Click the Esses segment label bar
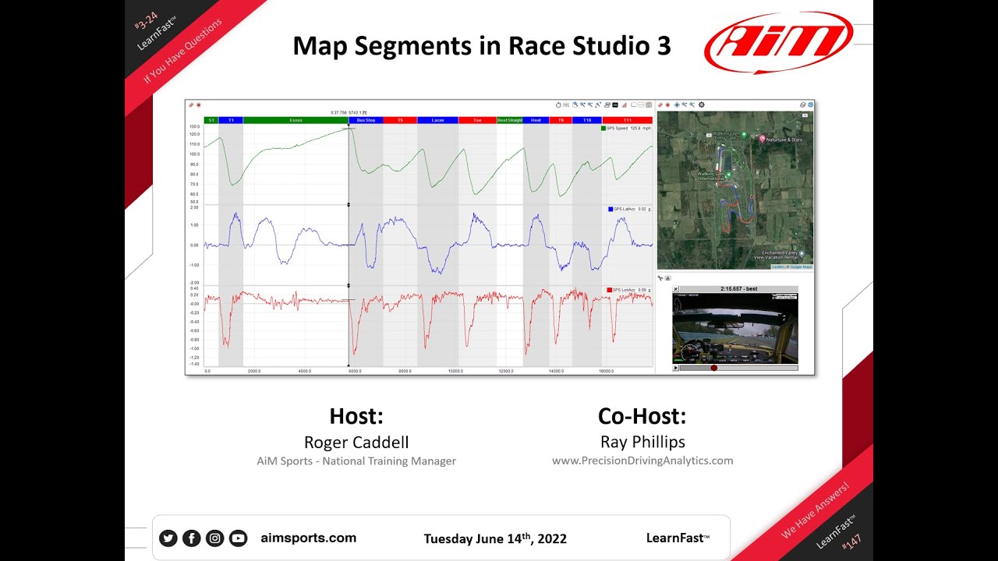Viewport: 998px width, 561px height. coord(296,120)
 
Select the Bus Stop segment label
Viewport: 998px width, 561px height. coord(366,120)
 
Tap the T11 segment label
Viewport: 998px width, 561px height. coord(627,120)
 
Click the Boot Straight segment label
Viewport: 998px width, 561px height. coord(509,120)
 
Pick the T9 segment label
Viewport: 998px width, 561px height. coord(561,120)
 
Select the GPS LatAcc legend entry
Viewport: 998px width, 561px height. coord(628,209)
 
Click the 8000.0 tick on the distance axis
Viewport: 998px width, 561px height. coord(405,371)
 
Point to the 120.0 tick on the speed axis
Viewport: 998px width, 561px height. coord(194,135)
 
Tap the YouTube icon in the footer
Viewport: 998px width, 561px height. coord(238,538)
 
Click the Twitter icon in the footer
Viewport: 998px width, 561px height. coord(168,538)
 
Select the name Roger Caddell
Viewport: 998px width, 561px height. coord(356,443)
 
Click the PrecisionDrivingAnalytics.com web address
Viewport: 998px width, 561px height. coord(642,460)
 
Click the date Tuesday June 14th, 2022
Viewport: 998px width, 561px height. coord(495,538)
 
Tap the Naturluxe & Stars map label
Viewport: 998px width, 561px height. coord(784,139)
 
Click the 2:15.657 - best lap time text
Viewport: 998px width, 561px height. coord(739,289)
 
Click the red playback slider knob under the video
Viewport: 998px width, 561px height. coord(713,368)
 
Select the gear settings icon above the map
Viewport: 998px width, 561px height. coord(701,104)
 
